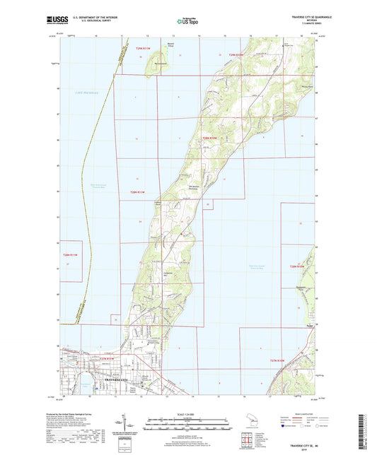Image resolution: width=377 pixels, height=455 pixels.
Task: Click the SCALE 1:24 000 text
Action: click(x=189, y=413)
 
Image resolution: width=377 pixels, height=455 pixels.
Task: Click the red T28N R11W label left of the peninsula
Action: click(x=140, y=193)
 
